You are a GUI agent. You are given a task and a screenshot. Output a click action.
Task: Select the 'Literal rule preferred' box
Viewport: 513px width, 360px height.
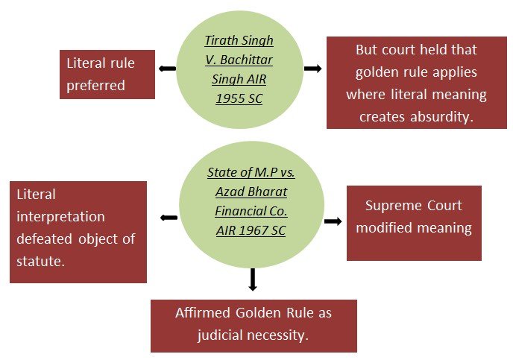point(107,75)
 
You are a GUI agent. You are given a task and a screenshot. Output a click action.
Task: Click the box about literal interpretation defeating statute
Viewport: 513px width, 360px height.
point(78,232)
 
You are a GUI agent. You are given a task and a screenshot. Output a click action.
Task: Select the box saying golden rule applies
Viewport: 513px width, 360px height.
point(416,83)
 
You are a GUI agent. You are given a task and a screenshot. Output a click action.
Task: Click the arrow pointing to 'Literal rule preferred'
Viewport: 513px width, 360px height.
point(167,69)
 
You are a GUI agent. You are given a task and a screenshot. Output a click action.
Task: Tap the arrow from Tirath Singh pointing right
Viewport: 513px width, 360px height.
point(313,69)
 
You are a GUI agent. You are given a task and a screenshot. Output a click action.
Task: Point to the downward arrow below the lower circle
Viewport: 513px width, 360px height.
point(253,279)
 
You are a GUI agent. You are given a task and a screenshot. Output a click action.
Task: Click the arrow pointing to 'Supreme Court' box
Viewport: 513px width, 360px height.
point(333,221)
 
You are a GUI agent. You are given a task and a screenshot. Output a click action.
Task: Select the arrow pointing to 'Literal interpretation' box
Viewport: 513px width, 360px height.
point(169,218)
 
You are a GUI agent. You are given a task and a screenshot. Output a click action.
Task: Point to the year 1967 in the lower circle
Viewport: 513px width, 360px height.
point(245,230)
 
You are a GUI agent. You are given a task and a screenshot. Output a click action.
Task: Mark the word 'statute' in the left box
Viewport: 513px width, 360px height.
point(40,262)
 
